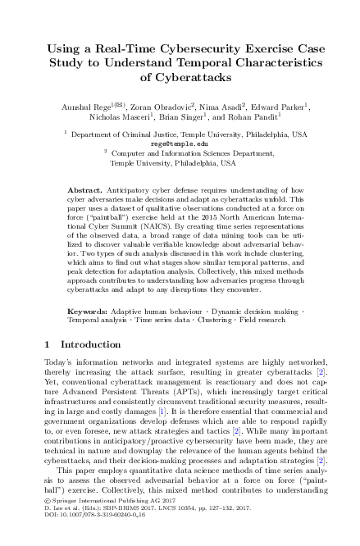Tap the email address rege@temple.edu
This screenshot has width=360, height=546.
tap(180, 143)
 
